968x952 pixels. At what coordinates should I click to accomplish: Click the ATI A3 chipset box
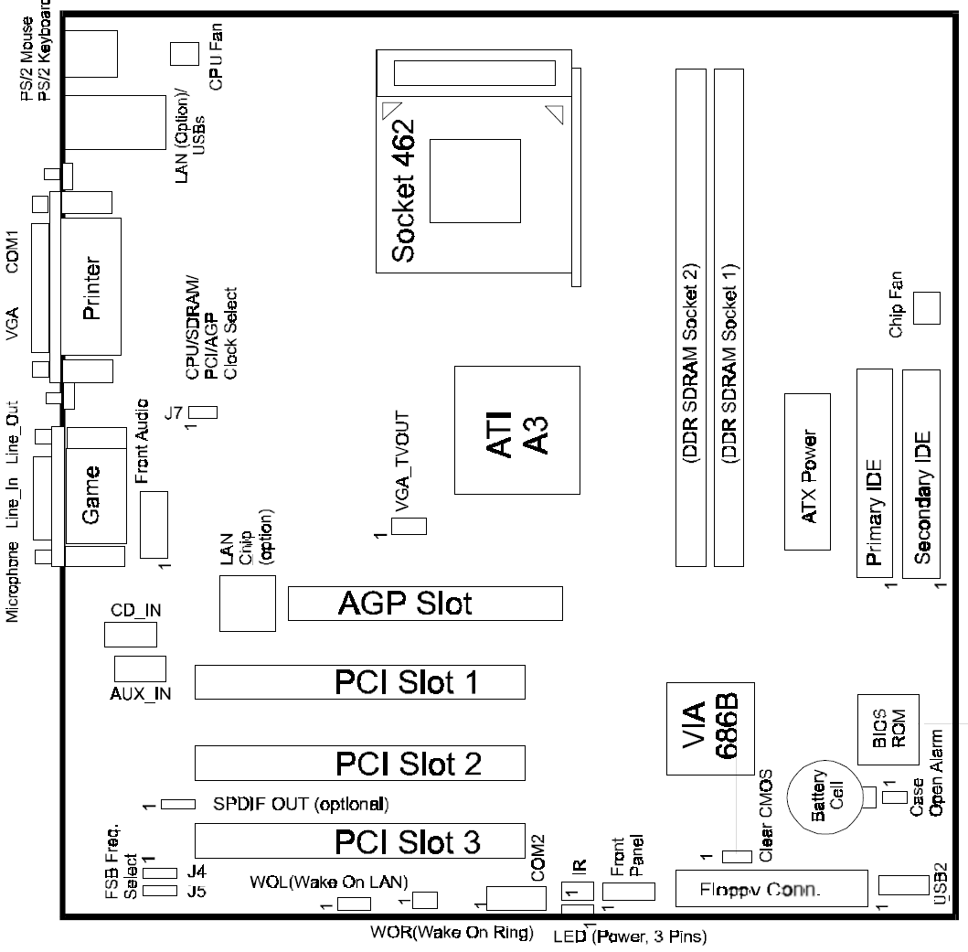tap(516, 430)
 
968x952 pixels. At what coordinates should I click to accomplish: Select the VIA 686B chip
tap(710, 728)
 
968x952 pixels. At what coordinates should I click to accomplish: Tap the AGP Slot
tap(425, 603)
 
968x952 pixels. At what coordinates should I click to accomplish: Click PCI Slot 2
tap(360, 763)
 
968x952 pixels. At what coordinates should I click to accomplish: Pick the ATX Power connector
tap(807, 471)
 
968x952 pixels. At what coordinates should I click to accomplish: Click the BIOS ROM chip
tap(888, 730)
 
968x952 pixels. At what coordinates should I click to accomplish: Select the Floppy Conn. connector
tap(771, 888)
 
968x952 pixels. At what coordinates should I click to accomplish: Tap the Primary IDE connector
tap(874, 473)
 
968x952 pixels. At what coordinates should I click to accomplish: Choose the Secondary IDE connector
tap(921, 474)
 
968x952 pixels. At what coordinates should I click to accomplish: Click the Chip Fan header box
tap(927, 307)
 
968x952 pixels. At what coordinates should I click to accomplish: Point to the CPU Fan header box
tap(185, 54)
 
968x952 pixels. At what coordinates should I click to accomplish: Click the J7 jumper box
tap(203, 412)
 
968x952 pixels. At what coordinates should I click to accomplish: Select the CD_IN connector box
tap(131, 635)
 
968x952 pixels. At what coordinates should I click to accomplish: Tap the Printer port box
tap(90, 286)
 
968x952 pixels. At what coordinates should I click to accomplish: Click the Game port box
tap(96, 496)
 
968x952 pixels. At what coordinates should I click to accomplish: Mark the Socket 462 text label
tap(403, 191)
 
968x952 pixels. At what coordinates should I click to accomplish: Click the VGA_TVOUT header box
tap(409, 527)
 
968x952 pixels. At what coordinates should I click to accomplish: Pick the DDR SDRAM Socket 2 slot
tap(691, 317)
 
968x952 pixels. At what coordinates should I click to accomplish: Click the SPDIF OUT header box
tap(178, 805)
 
